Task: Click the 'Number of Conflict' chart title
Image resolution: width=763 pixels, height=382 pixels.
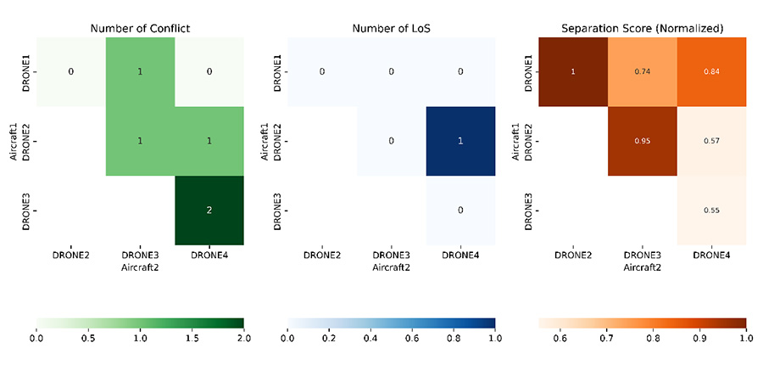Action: tap(140, 28)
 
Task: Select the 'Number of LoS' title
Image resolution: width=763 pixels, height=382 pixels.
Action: tap(391, 28)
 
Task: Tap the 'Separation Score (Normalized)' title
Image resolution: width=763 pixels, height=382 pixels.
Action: tap(643, 28)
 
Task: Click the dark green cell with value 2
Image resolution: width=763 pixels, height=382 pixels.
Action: tap(209, 211)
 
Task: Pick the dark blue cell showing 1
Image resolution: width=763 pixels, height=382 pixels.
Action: tap(460, 141)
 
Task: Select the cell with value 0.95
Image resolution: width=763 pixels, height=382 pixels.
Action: tap(643, 141)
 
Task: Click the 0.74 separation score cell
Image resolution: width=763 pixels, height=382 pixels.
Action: tap(643, 71)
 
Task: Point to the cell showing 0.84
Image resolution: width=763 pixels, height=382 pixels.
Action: tap(711, 71)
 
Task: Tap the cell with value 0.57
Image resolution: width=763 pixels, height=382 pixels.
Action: tap(711, 141)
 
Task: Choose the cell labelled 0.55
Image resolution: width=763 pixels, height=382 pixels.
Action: tap(711, 211)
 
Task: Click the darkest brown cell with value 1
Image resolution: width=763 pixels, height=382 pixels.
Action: tap(573, 71)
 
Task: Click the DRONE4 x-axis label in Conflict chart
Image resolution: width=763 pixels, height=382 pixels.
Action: tap(209, 255)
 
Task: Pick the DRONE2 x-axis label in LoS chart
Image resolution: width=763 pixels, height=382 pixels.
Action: tap(322, 255)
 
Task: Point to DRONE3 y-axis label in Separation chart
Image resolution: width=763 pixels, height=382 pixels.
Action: tap(528, 211)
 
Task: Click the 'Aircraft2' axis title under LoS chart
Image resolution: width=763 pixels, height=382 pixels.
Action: tap(391, 266)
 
